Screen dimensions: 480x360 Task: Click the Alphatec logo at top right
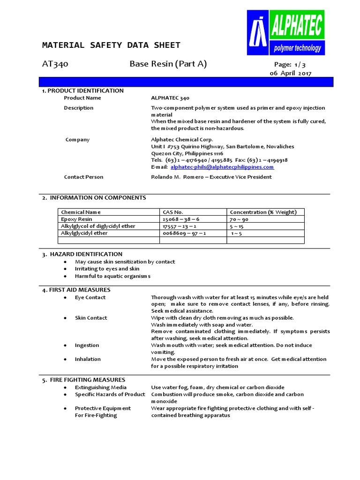(285, 33)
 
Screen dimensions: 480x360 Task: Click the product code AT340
(55, 64)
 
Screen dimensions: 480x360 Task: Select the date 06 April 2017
(290, 73)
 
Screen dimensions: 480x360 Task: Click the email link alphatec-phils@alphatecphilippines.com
(222, 167)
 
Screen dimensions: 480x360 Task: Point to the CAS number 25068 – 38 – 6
(181, 219)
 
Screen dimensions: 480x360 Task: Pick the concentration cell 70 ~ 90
(239, 219)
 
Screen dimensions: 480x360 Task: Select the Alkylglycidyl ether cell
(84, 233)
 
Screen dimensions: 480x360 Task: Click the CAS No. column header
(172, 212)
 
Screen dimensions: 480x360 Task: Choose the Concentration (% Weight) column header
(263, 212)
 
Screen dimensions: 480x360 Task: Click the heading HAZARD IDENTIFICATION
(86, 254)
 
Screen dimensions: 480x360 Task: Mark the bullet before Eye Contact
(64, 298)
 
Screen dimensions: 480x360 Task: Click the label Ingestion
(87, 345)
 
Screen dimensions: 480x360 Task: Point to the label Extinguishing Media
(101, 387)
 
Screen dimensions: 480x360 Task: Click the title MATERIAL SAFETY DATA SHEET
(111, 45)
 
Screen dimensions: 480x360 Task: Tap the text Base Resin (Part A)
(168, 64)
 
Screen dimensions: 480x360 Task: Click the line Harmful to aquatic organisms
(112, 276)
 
